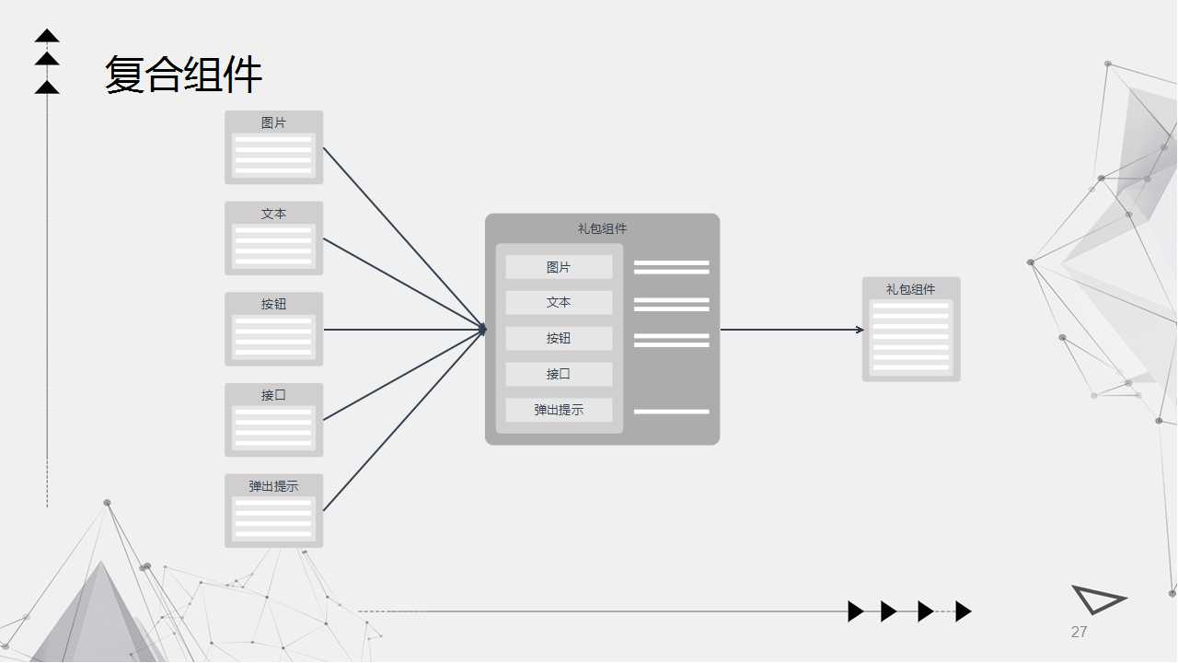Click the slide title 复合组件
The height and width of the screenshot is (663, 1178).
[x=183, y=75]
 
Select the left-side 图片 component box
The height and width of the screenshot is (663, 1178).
[x=273, y=147]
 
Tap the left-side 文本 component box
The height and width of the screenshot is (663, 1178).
[x=273, y=238]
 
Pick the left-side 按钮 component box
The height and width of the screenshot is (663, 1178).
[x=273, y=329]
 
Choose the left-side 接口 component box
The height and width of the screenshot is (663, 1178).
[x=273, y=420]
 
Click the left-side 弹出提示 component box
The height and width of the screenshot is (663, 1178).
[x=273, y=511]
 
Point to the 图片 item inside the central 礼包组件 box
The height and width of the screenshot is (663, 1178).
[x=559, y=267]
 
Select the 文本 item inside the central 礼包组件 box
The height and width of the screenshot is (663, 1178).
[x=559, y=303]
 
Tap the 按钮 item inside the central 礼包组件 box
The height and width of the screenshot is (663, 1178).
[x=559, y=338]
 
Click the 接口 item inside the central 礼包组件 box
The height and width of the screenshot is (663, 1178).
[x=559, y=374]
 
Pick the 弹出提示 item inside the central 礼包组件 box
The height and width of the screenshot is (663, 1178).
[x=559, y=410]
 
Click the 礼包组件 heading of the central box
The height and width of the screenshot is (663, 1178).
[x=602, y=228]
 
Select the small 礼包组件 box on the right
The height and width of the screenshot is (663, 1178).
[x=910, y=330]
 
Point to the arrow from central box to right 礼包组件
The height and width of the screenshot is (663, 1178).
[x=791, y=330]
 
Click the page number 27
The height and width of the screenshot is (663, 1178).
[x=1079, y=632]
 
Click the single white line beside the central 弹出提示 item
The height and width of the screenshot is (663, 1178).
[x=671, y=412]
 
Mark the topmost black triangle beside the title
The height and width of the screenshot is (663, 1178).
[x=47, y=37]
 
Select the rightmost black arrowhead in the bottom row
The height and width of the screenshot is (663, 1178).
[x=963, y=611]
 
